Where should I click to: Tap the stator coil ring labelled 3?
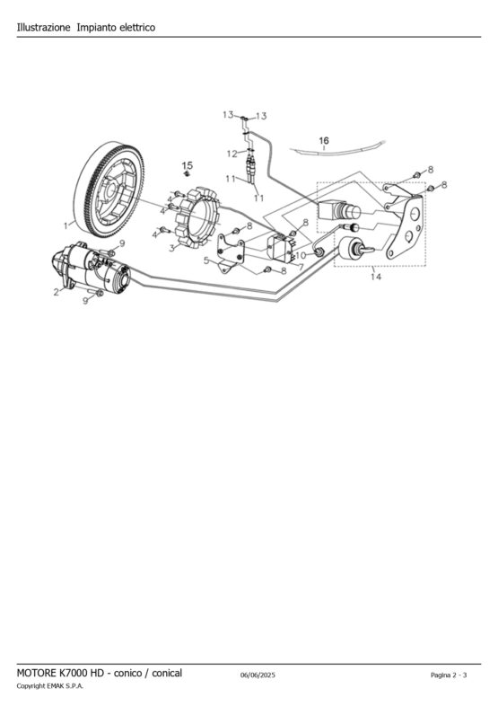point(197,219)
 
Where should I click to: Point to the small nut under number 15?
point(188,173)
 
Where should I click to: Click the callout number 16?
point(324,140)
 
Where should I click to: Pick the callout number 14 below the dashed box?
point(376,277)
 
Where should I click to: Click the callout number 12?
point(232,154)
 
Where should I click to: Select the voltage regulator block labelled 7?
point(281,247)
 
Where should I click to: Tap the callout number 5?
point(206,260)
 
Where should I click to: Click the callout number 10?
point(301,255)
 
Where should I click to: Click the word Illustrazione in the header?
point(43,28)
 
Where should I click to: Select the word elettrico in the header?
point(137,28)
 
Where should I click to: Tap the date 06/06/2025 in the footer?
point(258,675)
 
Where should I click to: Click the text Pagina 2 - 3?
point(449,675)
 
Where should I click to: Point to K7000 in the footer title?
point(73,673)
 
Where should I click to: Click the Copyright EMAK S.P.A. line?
point(50,686)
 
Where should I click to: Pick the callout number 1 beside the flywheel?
point(66,225)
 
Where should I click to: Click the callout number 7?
point(301,267)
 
